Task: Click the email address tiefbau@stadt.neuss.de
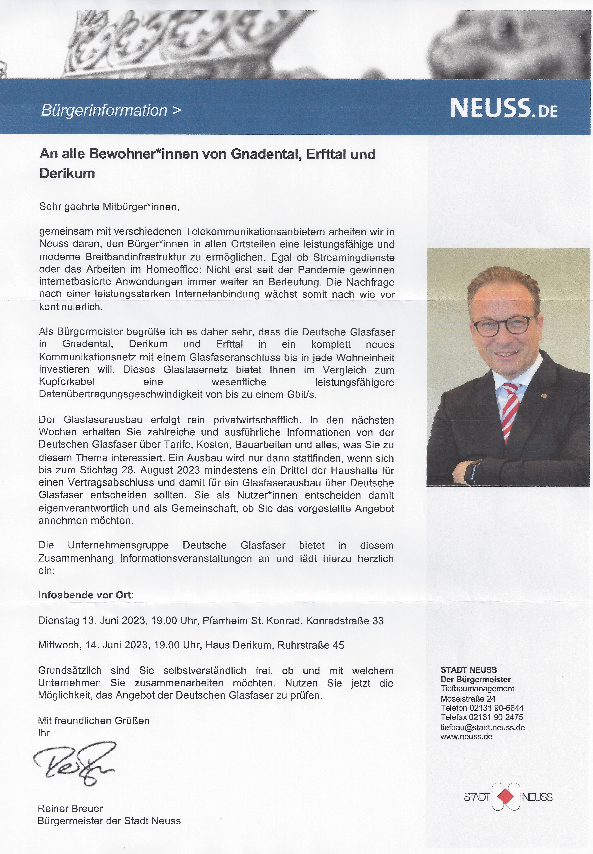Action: pos(482,727)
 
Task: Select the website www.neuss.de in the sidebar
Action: pos(466,737)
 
